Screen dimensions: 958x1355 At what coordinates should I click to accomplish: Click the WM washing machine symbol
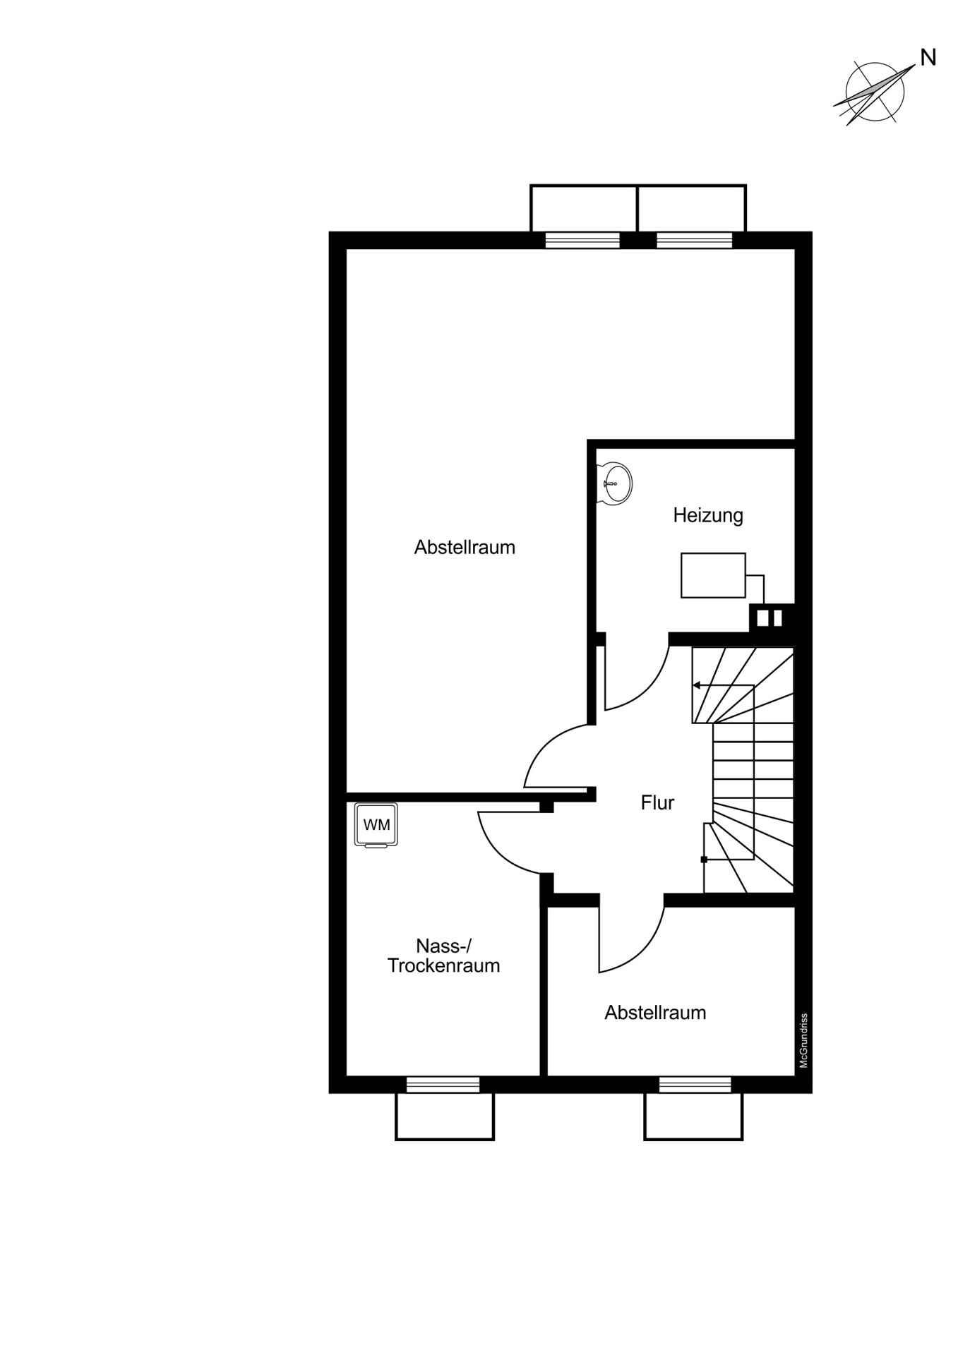pos(376,824)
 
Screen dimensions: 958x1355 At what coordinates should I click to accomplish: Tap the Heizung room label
pos(708,515)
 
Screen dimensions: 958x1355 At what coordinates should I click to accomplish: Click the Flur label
pos(657,802)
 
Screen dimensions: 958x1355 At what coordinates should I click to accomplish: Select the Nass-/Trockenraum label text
pos(443,956)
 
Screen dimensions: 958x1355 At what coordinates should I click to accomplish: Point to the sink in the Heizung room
pos(614,483)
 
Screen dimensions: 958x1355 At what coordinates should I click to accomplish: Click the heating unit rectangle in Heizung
pos(713,575)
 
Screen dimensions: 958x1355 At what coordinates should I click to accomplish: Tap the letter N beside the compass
pos(928,58)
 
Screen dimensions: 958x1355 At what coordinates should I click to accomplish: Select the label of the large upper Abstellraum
pos(465,547)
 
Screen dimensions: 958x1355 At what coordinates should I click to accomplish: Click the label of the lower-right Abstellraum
pos(655,1013)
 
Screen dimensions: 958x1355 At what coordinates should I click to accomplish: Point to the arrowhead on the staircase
pos(696,685)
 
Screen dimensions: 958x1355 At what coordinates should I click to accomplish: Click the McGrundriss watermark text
pos(803,1041)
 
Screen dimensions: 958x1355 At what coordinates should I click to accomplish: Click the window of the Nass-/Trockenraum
pos(443,1085)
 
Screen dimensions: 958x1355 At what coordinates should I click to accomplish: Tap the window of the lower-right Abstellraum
pos(695,1085)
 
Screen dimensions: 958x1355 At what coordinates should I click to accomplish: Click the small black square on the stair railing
pos(704,860)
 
